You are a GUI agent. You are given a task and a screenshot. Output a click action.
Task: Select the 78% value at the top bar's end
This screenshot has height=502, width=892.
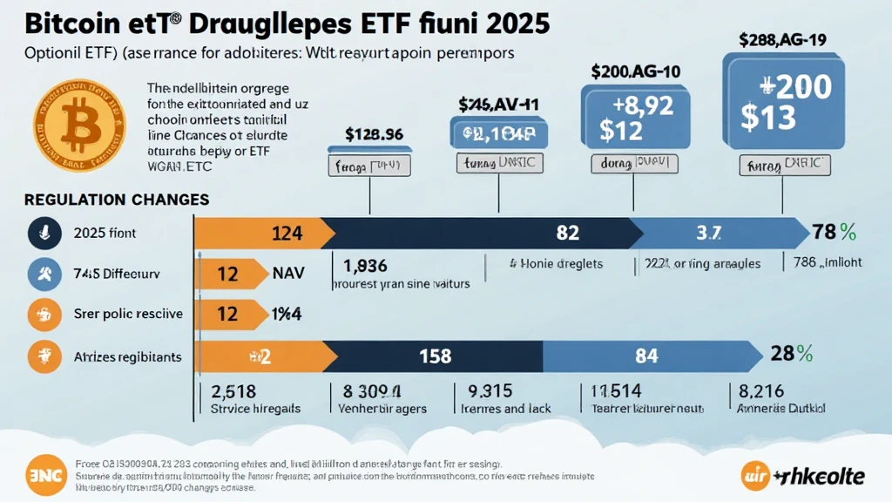[x=835, y=233]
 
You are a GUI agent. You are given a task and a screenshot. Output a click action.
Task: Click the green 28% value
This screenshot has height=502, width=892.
[x=792, y=354]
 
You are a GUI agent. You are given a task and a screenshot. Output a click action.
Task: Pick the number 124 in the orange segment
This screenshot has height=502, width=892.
[x=287, y=234]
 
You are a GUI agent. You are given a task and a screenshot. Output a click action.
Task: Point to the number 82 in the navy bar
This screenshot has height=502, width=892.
[x=567, y=234]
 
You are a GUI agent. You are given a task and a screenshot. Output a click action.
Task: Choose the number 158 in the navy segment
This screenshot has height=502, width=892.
[x=435, y=355]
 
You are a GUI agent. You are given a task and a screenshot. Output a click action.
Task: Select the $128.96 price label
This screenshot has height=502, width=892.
[x=374, y=135]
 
